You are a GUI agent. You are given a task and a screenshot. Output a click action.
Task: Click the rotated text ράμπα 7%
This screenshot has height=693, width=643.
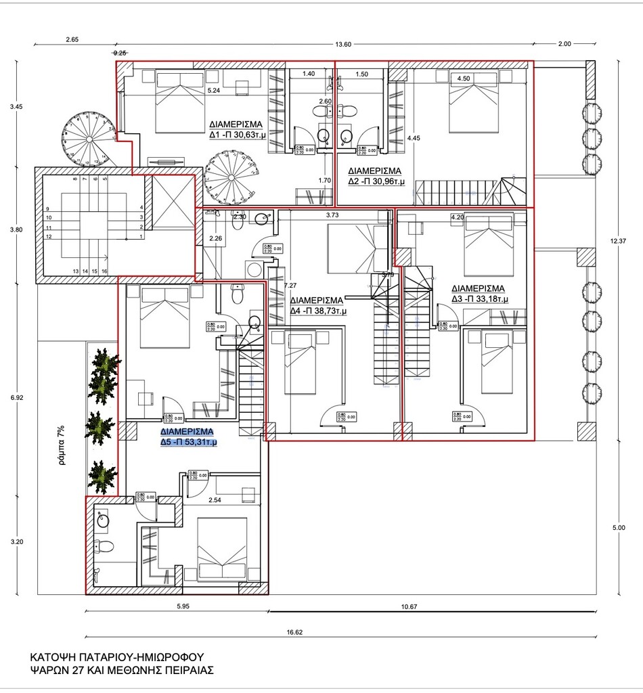tap(60, 448)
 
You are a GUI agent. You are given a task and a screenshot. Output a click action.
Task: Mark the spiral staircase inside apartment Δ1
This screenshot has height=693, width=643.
tap(229, 175)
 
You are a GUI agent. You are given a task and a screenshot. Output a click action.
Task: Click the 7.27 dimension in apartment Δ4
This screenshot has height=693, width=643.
tap(290, 286)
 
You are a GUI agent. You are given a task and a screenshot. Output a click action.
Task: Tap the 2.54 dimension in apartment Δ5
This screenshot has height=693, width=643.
tap(215, 500)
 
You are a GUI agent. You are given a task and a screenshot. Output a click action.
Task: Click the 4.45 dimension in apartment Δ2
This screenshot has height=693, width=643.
tap(414, 138)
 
